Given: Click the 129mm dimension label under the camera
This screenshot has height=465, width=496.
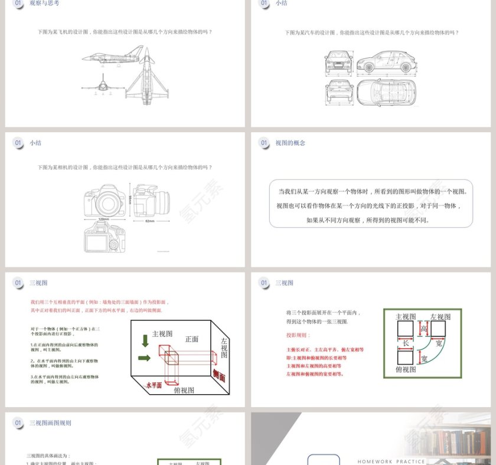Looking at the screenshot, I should click(103, 220).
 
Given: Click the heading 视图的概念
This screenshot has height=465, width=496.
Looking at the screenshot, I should click(290, 143).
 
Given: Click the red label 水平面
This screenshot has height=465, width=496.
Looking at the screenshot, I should click(154, 385).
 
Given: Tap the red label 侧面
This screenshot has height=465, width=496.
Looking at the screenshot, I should click(218, 374).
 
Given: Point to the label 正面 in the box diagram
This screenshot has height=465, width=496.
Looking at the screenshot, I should click(192, 339).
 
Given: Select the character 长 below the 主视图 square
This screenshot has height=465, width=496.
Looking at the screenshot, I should click(405, 343).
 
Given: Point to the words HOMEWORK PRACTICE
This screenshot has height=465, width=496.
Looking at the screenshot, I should click(391, 461).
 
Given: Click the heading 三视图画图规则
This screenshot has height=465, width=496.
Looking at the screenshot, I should click(50, 423).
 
